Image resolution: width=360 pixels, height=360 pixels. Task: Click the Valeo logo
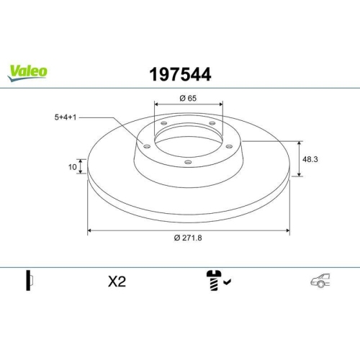(x=28, y=71)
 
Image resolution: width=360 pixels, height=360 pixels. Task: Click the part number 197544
(x=179, y=73)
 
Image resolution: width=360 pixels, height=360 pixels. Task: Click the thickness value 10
(x=72, y=167)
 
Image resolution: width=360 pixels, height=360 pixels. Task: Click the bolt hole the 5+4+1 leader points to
(x=148, y=147)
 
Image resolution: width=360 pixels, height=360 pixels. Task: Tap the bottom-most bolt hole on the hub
(x=189, y=162)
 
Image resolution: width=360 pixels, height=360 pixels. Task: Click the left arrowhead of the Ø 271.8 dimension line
(x=90, y=231)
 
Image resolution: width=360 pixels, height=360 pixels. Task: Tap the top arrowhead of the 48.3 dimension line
(x=300, y=142)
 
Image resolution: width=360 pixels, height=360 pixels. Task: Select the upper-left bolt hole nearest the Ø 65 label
(x=164, y=124)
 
